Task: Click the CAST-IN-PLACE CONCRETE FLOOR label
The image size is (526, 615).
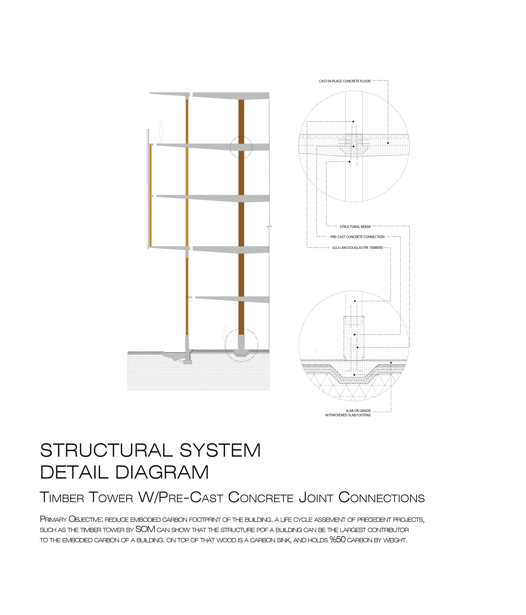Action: [x=344, y=81]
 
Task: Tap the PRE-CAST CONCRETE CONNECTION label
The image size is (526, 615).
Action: [x=357, y=237]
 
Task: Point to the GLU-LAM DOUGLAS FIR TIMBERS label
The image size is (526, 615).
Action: [x=357, y=248]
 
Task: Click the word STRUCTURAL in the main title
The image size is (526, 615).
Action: [x=106, y=450]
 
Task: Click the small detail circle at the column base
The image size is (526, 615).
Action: [x=241, y=345]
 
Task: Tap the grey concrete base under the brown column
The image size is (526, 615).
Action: [x=241, y=342]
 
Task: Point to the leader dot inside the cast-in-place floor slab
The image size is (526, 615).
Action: [x=388, y=143]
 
